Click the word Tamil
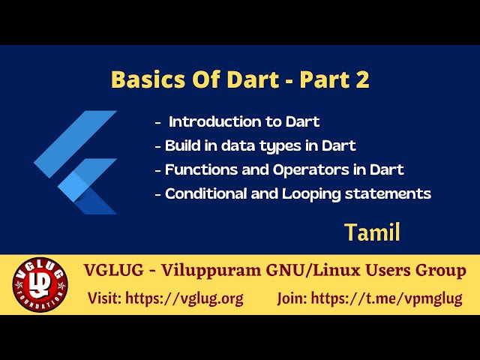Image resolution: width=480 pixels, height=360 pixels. pyautogui.click(x=372, y=232)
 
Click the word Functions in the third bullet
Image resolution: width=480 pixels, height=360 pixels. pyautogui.click(x=198, y=169)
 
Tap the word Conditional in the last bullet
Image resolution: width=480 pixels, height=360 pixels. pyautogui.click(x=205, y=193)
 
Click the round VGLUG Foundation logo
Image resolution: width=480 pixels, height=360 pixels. pyautogui.click(x=40, y=285)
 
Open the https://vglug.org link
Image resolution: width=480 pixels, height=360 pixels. pyautogui.click(x=184, y=298)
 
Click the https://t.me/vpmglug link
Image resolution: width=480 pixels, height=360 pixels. pyautogui.click(x=386, y=298)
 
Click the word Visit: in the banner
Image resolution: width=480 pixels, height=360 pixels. pyautogui.click(x=104, y=298)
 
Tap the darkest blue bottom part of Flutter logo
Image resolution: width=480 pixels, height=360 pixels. pyautogui.click(x=96, y=202)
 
